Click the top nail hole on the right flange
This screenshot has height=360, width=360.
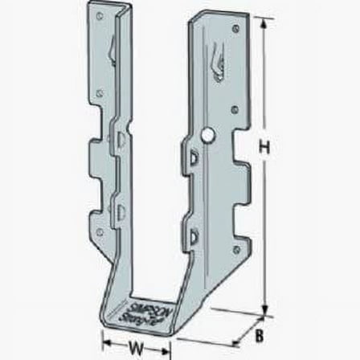(x=235, y=29)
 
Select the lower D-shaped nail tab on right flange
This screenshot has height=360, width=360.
(x=197, y=235)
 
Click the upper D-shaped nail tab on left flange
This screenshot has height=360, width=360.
(x=121, y=141)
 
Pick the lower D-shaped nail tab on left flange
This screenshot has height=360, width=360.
(x=121, y=211)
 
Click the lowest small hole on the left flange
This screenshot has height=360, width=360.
(x=100, y=231)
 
